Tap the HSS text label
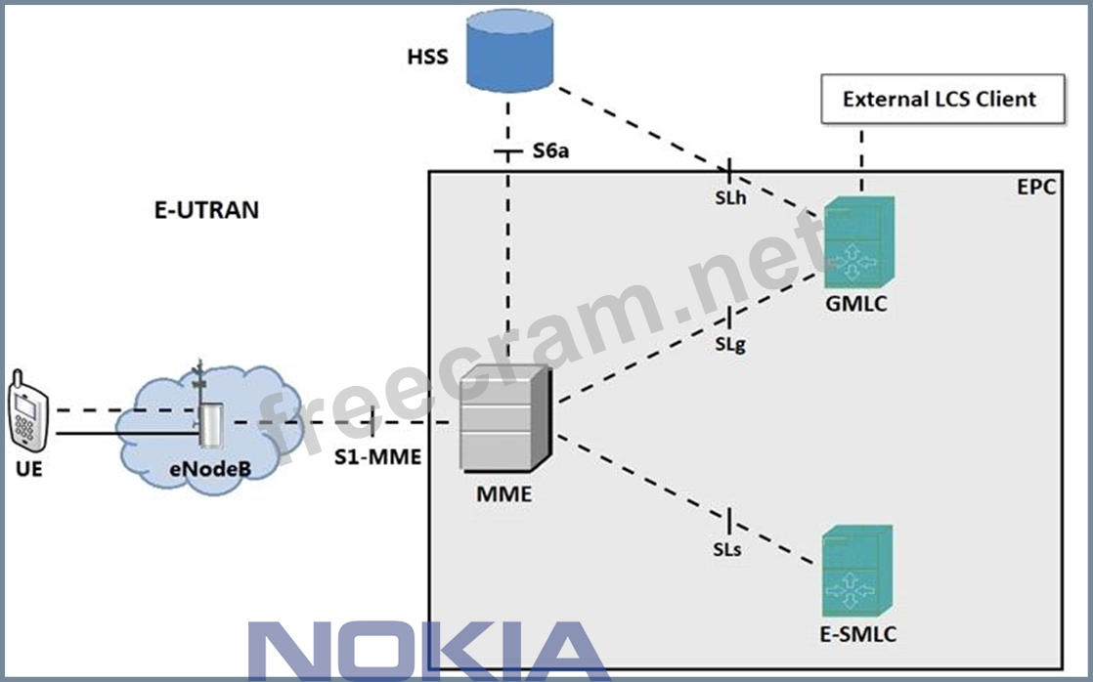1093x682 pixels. point(427,57)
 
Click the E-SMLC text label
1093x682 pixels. point(857,634)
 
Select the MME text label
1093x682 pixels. point(503,493)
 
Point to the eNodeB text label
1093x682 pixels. point(210,470)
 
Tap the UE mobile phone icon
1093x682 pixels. point(25,409)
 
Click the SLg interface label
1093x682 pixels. point(729,344)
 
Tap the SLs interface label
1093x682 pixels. point(726,549)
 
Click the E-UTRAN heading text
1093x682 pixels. point(206,210)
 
